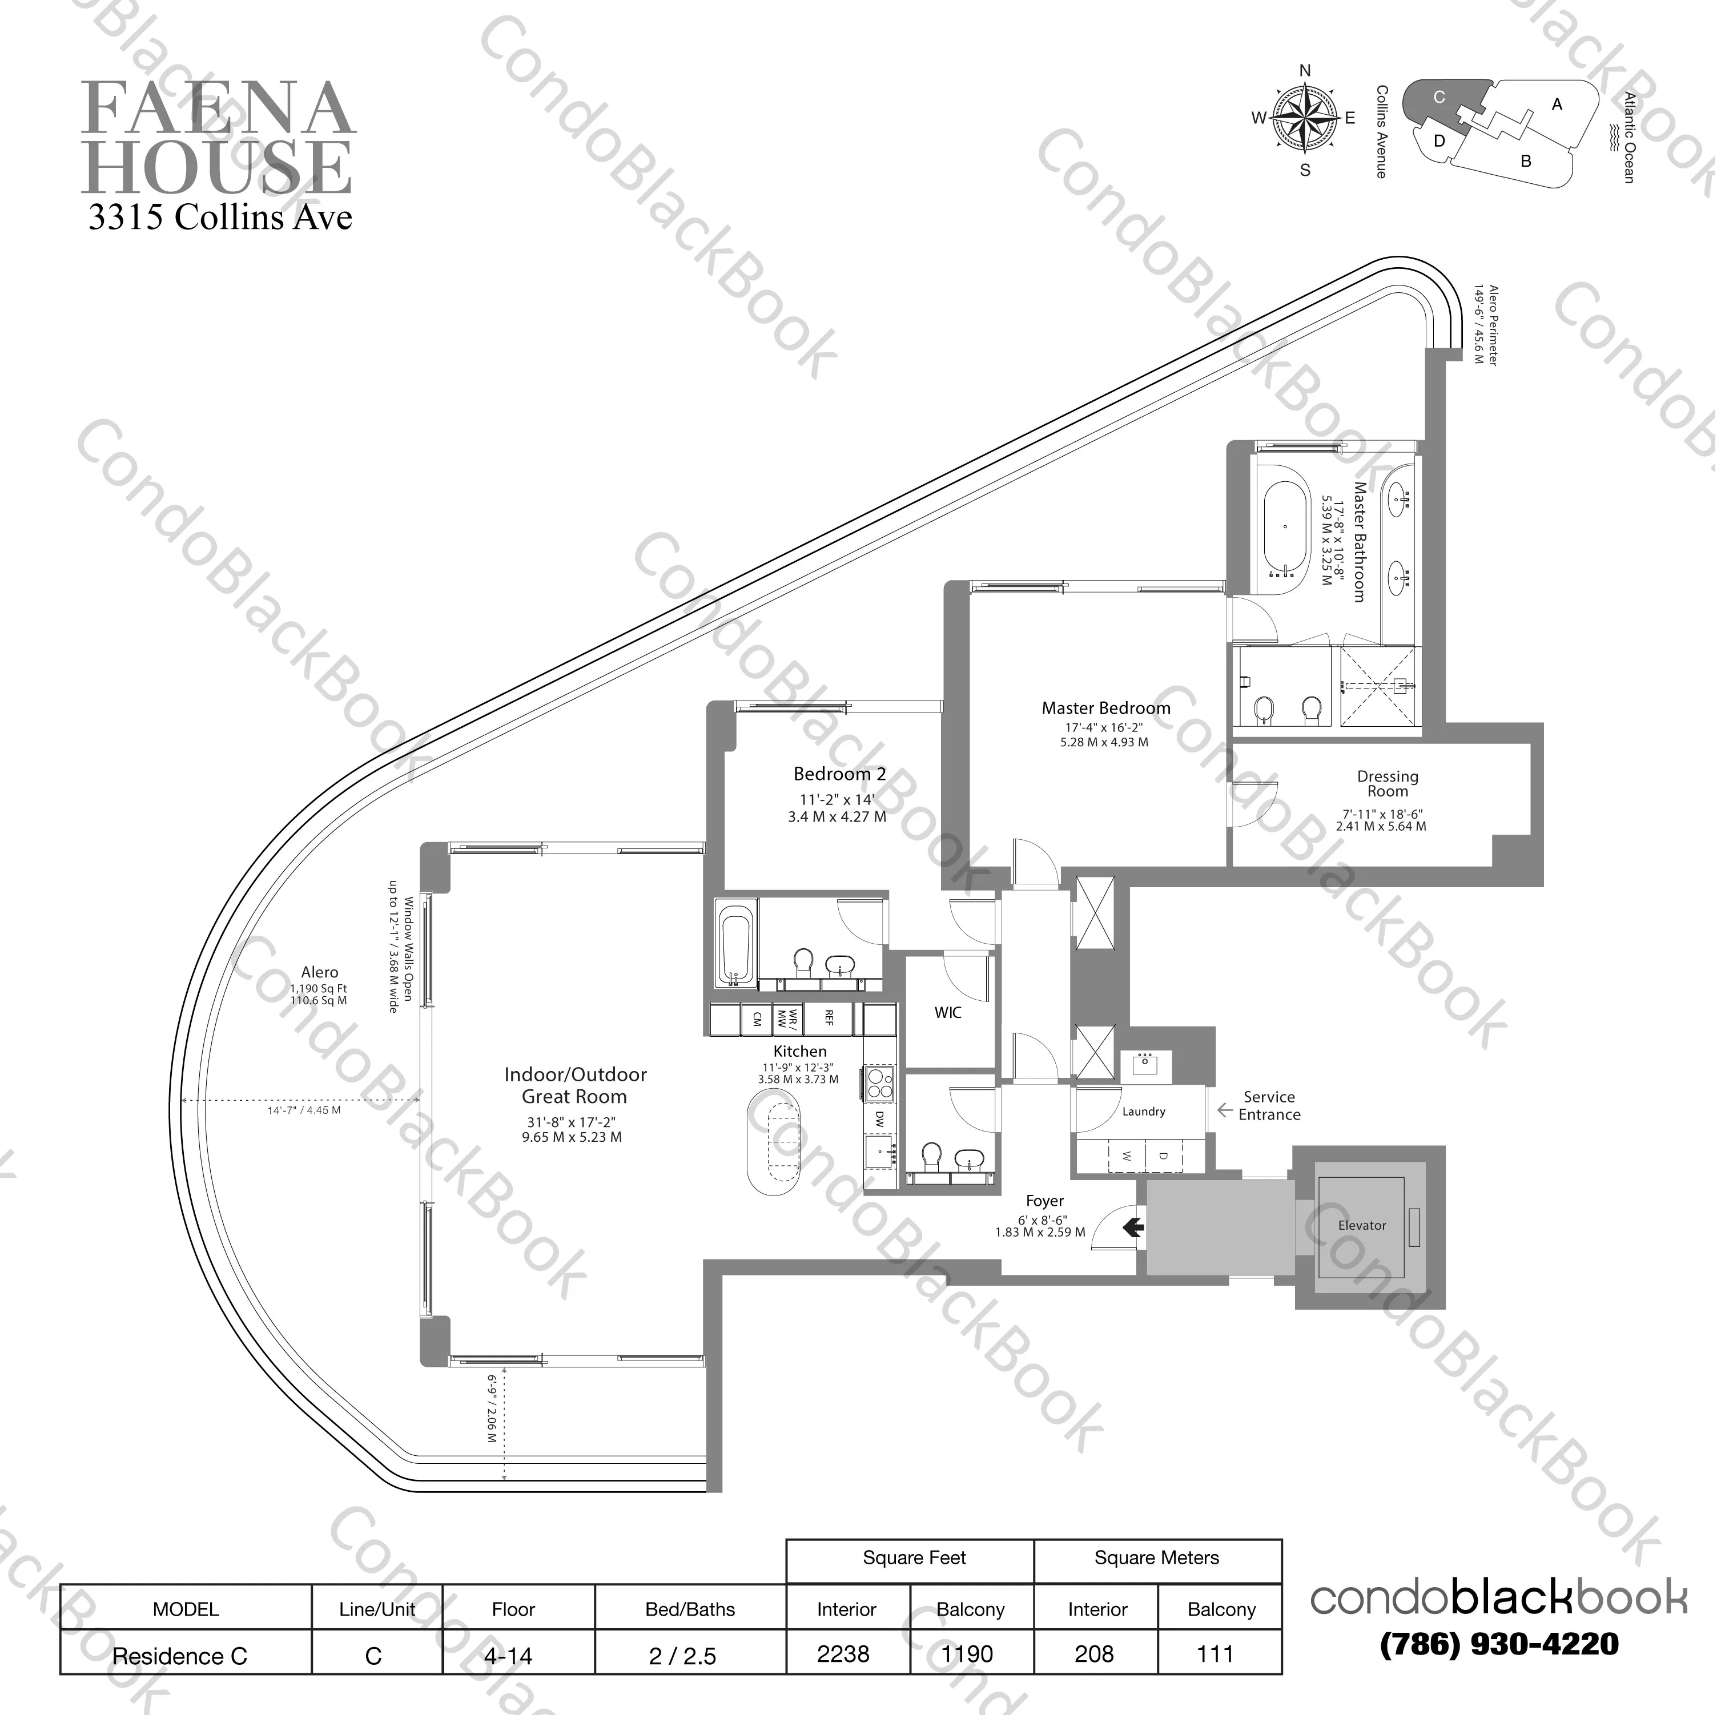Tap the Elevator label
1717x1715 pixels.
click(x=1361, y=1225)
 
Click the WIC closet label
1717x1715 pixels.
click(x=947, y=1012)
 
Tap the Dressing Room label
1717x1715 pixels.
click(x=1388, y=784)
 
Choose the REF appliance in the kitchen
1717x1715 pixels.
click(x=829, y=1017)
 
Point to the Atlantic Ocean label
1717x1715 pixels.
click(x=1628, y=138)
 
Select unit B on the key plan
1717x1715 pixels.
click(x=1526, y=162)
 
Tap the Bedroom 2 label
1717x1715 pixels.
click(x=839, y=774)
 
